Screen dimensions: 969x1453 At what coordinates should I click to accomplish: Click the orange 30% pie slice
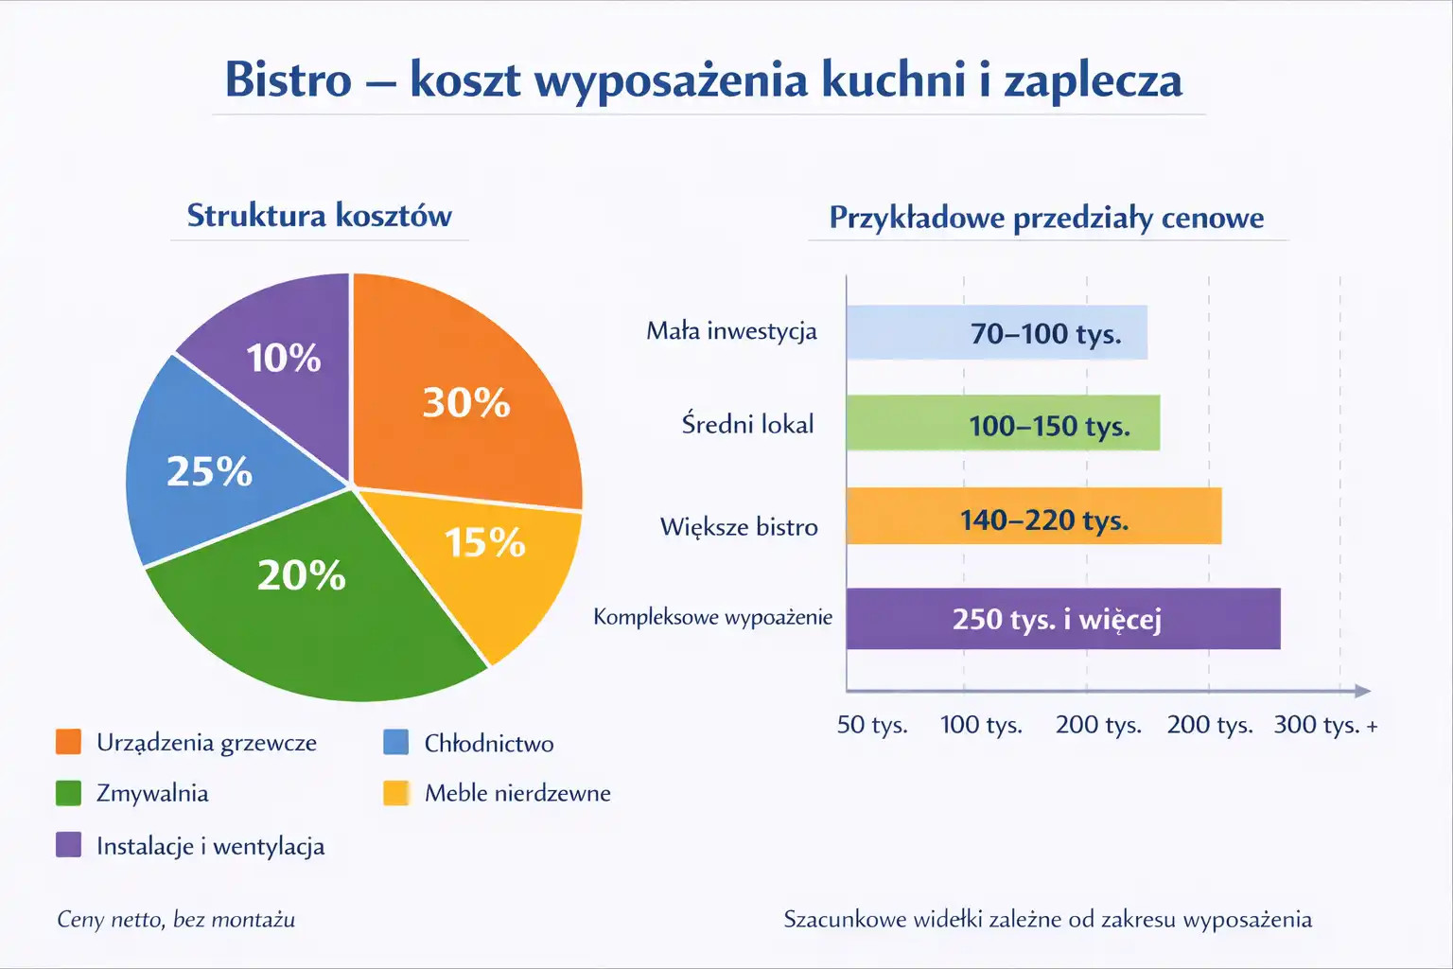point(464,397)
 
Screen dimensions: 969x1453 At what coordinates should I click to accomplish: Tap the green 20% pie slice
point(312,606)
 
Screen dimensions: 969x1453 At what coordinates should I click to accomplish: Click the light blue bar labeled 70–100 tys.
point(996,332)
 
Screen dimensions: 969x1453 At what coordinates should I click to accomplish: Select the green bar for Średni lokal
point(1003,423)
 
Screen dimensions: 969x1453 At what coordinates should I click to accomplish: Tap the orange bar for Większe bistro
point(1033,516)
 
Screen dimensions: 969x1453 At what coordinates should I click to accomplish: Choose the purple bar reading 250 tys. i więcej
point(1062,619)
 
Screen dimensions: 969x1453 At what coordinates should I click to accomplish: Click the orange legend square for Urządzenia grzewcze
point(68,742)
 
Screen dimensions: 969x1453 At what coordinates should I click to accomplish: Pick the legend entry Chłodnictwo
point(488,743)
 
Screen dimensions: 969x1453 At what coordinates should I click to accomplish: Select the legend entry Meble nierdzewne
point(516,793)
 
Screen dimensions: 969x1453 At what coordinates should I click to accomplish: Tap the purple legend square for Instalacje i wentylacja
point(68,844)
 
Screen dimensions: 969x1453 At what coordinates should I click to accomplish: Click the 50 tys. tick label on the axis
point(871,725)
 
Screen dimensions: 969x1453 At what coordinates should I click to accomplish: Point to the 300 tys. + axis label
point(1324,725)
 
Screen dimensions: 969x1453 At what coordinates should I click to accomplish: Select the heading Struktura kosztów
point(319,216)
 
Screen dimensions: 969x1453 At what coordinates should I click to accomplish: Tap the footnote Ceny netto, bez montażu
point(176,919)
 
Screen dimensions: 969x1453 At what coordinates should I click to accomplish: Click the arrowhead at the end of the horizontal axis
point(1362,691)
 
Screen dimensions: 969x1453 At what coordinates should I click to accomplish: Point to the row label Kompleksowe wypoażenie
point(712,617)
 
